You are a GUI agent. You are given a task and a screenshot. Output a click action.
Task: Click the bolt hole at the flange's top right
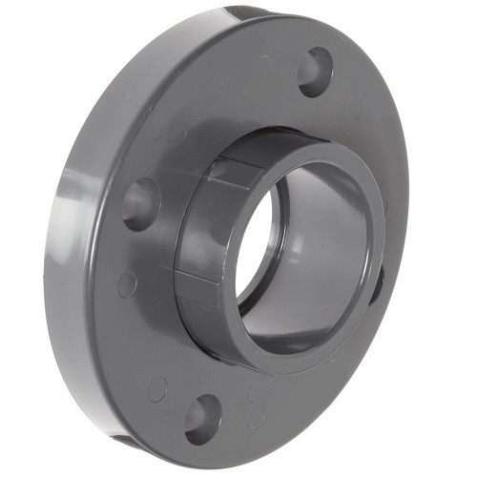pyautogui.click(x=316, y=73)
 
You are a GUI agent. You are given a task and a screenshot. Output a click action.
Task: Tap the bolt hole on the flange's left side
pyautogui.click(x=140, y=202)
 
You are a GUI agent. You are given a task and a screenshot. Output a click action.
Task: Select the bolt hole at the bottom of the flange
pyautogui.click(x=203, y=417)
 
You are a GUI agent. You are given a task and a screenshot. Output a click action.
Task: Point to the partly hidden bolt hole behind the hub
pyautogui.click(x=378, y=282)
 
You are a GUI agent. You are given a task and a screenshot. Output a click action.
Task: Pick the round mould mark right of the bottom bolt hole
pyautogui.click(x=255, y=413)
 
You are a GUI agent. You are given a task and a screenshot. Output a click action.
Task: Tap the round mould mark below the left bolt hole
pyautogui.click(x=127, y=283)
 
